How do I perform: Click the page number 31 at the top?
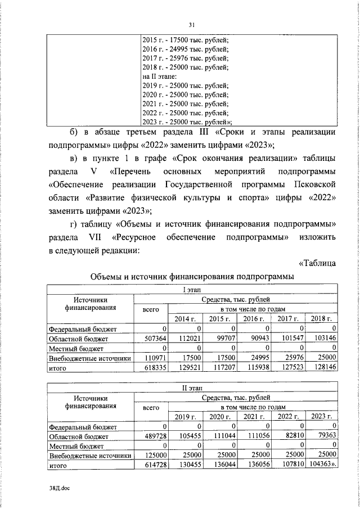coord(192,25)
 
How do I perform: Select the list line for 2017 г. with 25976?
coord(185,58)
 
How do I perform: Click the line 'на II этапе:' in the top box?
coord(160,76)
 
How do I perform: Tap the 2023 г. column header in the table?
coord(322,417)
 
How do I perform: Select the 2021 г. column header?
coord(253,417)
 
